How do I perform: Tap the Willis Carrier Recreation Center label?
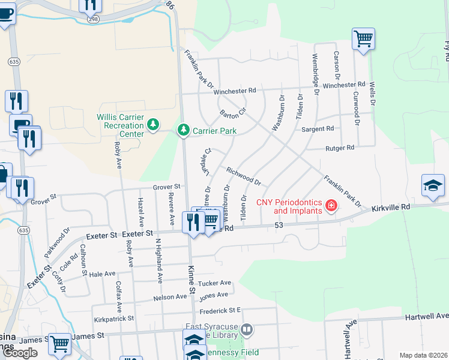[121, 125]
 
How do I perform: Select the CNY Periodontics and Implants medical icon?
[330, 207]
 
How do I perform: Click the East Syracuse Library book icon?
[247, 329]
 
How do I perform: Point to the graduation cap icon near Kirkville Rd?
[433, 186]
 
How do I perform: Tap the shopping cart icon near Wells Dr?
[363, 39]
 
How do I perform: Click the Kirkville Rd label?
[390, 207]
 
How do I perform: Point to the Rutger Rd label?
[340, 148]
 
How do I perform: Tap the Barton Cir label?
[233, 112]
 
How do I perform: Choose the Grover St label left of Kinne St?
[166, 187]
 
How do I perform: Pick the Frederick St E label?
[220, 310]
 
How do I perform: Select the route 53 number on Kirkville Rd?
[278, 224]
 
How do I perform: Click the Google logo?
[20, 353]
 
